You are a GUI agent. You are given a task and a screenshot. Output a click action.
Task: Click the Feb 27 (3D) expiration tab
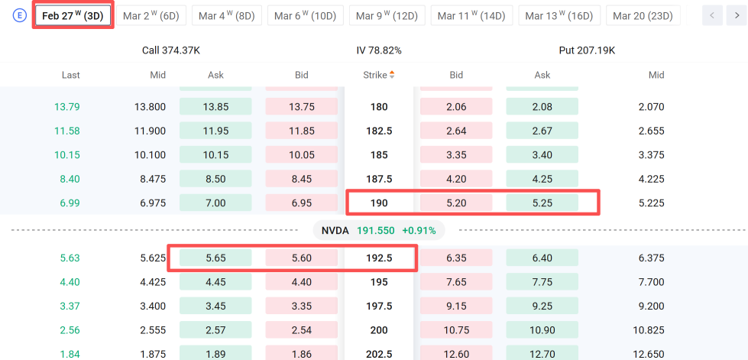pos(73,16)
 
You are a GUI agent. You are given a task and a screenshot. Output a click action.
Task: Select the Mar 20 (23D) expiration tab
pos(643,16)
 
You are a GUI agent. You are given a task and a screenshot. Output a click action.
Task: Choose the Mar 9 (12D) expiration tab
pos(387,16)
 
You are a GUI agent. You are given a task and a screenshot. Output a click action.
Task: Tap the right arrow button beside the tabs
pos(736,16)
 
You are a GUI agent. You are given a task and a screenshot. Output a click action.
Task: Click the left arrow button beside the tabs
pos(712,16)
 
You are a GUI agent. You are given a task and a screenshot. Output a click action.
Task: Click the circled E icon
pos(20,15)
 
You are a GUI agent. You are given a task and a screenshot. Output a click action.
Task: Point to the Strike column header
pos(375,75)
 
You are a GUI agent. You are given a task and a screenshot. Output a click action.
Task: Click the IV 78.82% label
pos(379,50)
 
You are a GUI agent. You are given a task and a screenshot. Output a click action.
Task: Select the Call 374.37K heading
pos(171,50)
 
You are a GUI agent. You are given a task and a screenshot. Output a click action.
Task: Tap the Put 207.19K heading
pos(587,50)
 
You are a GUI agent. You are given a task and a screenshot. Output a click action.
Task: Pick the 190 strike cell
pos(379,203)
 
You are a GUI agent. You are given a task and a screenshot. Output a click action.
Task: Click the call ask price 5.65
pos(215,258)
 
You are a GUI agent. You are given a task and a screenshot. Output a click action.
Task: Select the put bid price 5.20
pos(456,203)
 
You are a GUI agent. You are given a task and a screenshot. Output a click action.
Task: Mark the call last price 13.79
pos(66,107)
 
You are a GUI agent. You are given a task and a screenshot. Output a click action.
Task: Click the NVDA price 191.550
pos(375,231)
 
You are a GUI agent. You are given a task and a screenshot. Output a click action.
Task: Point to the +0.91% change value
pos(419,231)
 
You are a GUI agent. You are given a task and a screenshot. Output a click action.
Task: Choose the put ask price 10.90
pos(542,330)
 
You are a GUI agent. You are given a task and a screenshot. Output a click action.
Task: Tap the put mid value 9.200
pos(651,306)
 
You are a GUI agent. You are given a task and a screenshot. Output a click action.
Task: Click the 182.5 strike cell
pos(379,131)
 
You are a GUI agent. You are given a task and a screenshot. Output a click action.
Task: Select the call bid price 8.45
pos(302,179)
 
